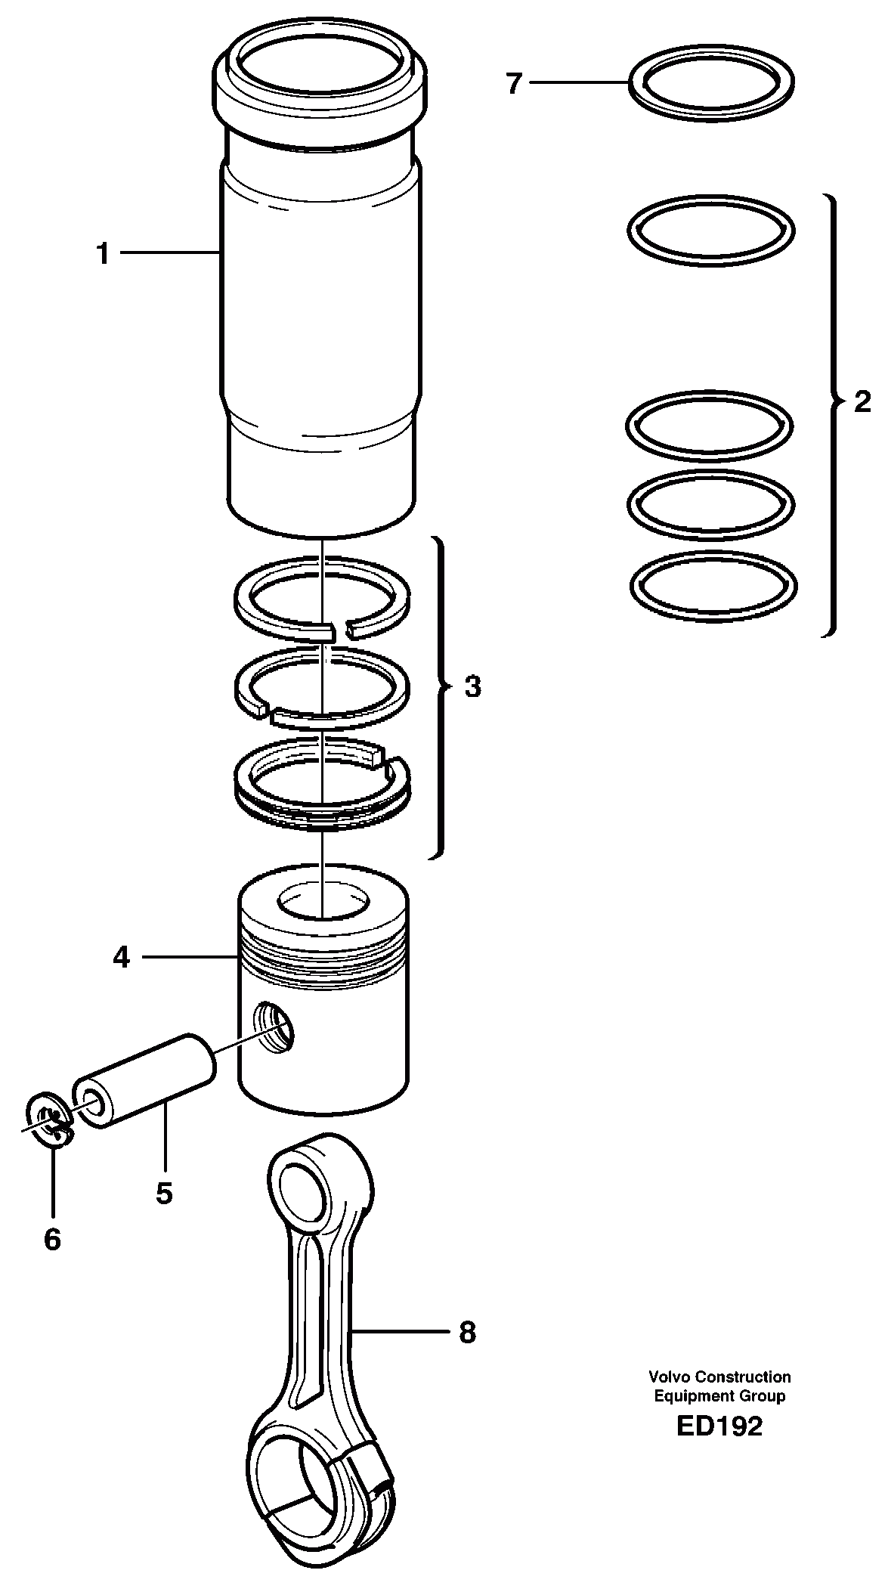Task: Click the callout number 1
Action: (103, 254)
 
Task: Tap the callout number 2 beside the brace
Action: (862, 401)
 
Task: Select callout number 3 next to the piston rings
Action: (472, 687)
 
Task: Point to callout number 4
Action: (121, 958)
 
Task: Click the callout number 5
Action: (164, 1192)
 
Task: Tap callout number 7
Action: (514, 83)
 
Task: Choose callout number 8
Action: (468, 1332)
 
